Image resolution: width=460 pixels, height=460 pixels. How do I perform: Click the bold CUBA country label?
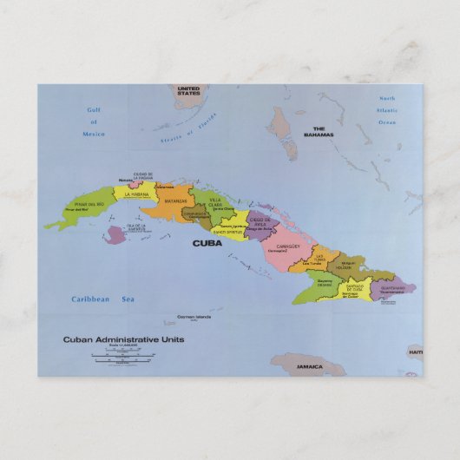[207, 244]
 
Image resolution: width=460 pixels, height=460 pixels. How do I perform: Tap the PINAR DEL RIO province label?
[89, 205]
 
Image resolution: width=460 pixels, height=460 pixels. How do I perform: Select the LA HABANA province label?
[138, 194]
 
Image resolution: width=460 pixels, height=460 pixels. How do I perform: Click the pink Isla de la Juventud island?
[115, 235]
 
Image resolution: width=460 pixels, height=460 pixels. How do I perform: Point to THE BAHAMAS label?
[318, 132]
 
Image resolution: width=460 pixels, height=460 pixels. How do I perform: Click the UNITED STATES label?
[188, 91]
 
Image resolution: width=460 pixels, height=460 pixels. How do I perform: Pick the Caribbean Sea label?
[103, 299]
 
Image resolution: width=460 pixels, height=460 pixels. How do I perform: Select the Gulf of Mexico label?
[94, 122]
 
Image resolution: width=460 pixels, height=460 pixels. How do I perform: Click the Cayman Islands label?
[194, 317]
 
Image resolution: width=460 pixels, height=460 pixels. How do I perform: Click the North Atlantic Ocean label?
[386, 110]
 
